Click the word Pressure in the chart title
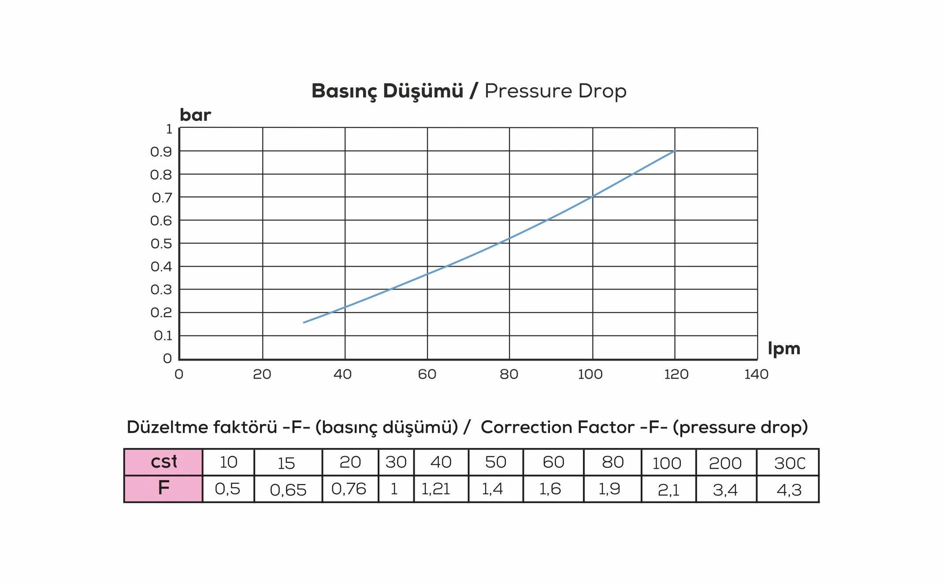click(x=528, y=91)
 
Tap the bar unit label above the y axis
click(x=195, y=115)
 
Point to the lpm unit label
click(x=783, y=349)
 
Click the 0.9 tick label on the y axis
click(x=161, y=152)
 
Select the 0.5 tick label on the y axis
click(x=161, y=244)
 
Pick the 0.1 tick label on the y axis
click(x=163, y=336)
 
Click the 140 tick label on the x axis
click(x=756, y=374)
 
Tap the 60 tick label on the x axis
click(x=427, y=374)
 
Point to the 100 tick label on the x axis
click(x=590, y=374)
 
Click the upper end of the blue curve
click(x=674, y=151)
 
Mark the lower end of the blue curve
click(x=304, y=322)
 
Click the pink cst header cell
click(x=163, y=462)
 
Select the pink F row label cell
click(x=163, y=488)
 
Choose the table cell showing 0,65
click(x=288, y=489)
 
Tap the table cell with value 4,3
click(x=788, y=489)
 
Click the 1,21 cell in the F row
click(x=441, y=489)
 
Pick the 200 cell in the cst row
click(x=725, y=463)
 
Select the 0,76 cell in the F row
click(x=349, y=489)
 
